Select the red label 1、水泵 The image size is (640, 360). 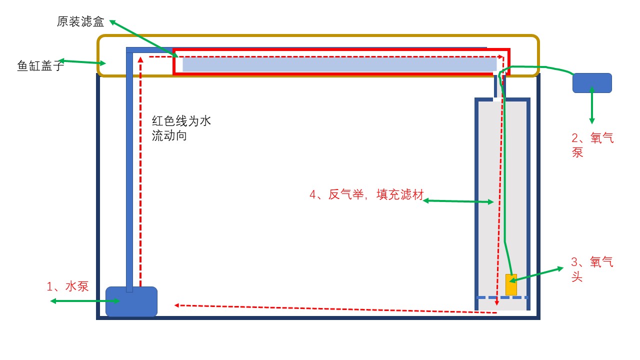coord(67,286)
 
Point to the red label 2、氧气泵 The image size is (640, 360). coord(592,145)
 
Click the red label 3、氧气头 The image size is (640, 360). coord(592,269)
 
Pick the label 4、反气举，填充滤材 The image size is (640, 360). coord(366,195)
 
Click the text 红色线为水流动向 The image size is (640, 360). coord(181,128)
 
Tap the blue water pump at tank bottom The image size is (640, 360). coord(131,301)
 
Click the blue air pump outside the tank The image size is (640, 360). coord(592,82)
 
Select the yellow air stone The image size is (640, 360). coord(511,284)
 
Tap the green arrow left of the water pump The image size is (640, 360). coord(85,301)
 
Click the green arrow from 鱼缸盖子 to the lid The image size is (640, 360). coord(82,62)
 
